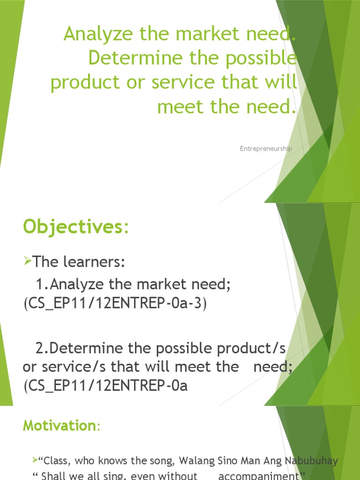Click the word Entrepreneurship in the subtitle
[x=266, y=149]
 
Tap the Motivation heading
[x=59, y=426]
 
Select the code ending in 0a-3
[x=114, y=303]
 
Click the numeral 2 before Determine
[x=39, y=348]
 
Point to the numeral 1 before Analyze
[x=39, y=284]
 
